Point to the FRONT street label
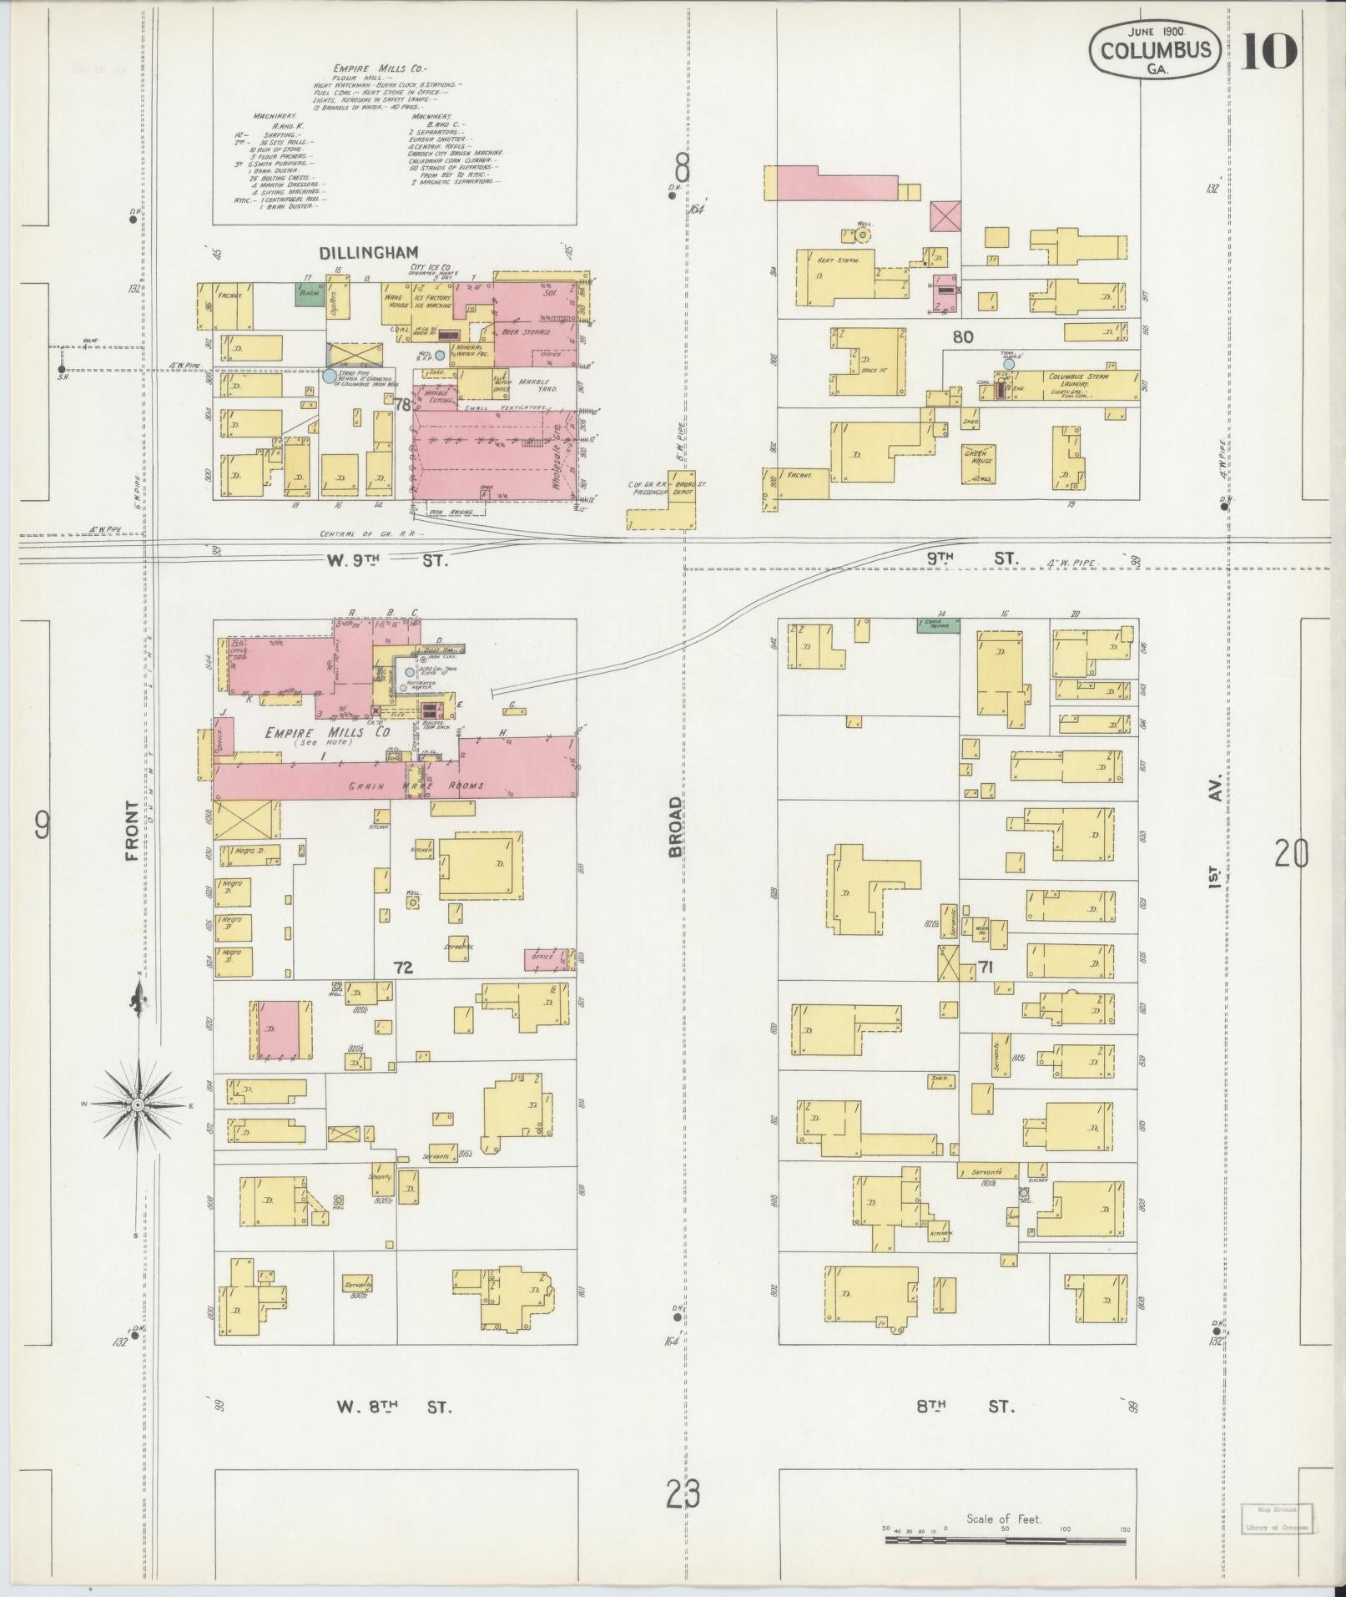tap(131, 831)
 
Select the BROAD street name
tap(675, 826)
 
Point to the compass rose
tap(138, 1104)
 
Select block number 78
tap(403, 405)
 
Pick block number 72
tap(404, 968)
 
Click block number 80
tap(964, 337)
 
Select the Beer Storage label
tap(527, 332)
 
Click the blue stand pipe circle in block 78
tap(330, 377)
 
